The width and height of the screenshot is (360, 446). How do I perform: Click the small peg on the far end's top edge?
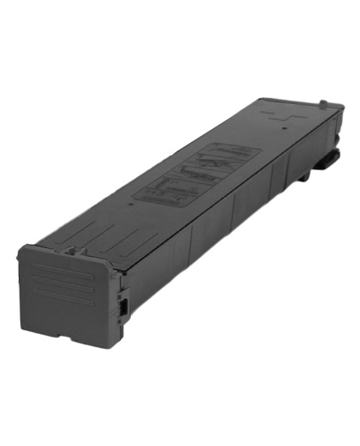pos(324,103)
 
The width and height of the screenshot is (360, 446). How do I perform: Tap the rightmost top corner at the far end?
pos(343,107)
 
